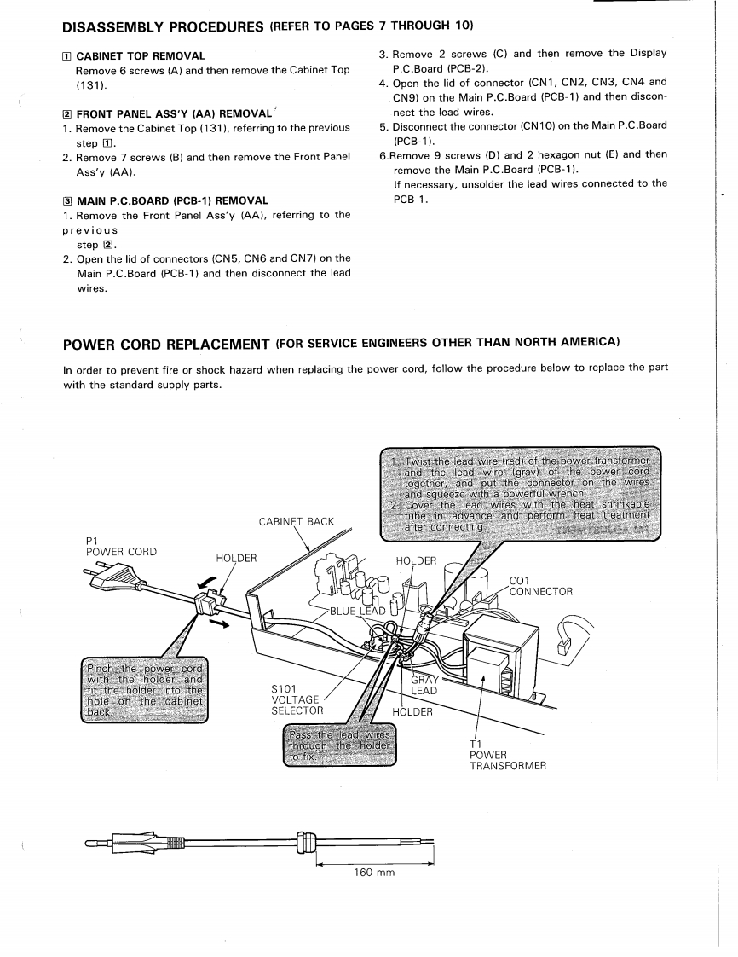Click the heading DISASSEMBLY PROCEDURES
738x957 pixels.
pyautogui.click(x=163, y=26)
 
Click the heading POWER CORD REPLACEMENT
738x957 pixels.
pyautogui.click(x=168, y=343)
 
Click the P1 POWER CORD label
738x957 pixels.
pyautogui.click(x=122, y=546)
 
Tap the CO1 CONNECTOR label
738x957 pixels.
pyautogui.click(x=540, y=586)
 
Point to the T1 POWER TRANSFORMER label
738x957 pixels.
pyautogui.click(x=507, y=754)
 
